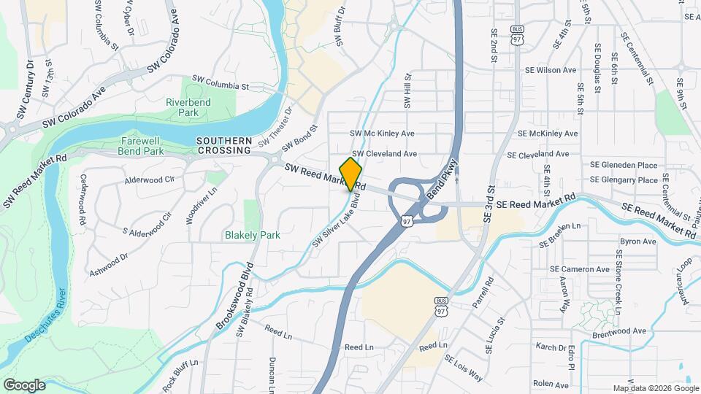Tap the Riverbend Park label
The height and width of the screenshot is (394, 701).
tap(188, 107)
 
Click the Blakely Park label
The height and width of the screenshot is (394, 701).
tap(252, 235)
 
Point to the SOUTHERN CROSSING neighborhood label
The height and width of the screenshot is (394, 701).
tap(223, 145)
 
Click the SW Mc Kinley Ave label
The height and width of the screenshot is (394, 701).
tap(382, 134)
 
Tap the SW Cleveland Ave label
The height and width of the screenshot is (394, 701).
tap(384, 154)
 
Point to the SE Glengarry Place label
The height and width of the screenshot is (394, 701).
tap(624, 179)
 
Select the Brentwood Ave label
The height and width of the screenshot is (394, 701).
tap(619, 331)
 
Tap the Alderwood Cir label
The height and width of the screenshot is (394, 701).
tap(150, 179)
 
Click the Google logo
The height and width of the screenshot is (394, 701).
tap(24, 385)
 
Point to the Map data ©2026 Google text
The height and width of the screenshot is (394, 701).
tap(655, 388)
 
